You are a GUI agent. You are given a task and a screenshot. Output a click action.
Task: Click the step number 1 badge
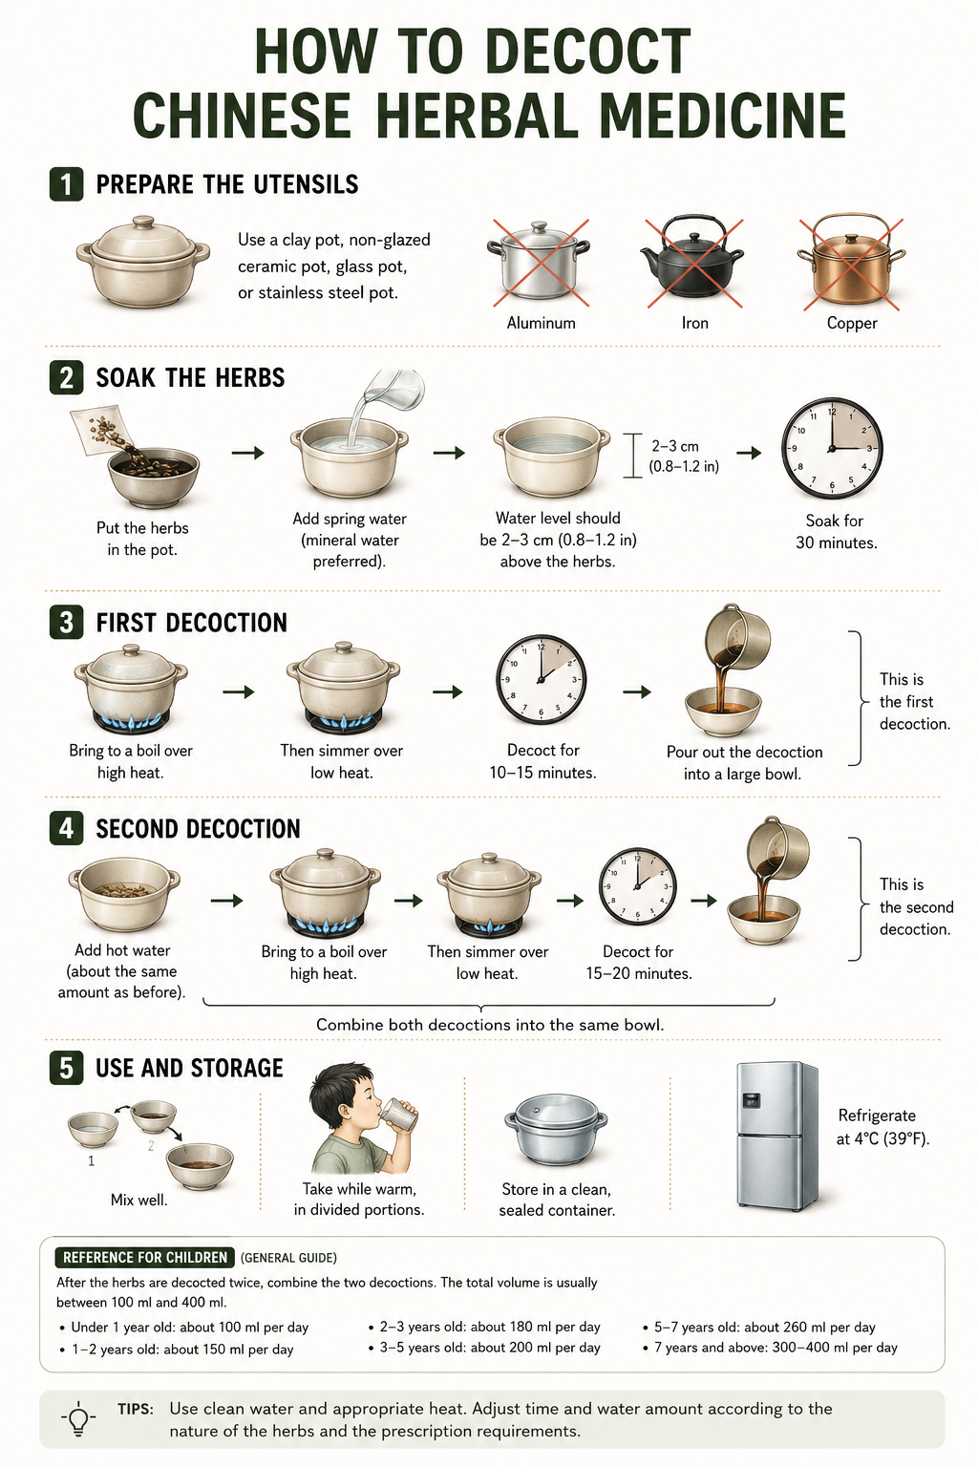click(66, 184)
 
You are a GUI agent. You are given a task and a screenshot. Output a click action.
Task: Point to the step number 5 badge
click(66, 1068)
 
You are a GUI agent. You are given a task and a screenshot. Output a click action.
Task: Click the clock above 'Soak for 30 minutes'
click(832, 448)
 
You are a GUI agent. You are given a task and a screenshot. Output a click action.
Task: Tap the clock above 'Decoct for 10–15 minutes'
click(541, 679)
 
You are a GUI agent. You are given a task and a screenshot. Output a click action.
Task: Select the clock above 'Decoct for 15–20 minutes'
click(637, 886)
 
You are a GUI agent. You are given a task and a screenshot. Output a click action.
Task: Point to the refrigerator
click(776, 1135)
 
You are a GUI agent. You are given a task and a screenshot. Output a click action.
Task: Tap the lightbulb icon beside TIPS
click(78, 1418)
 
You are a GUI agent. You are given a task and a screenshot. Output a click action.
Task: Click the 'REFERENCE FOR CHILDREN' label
click(145, 1258)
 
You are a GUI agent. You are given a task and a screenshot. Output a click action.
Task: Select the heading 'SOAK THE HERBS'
click(191, 378)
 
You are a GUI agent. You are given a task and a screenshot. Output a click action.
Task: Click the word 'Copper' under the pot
click(852, 323)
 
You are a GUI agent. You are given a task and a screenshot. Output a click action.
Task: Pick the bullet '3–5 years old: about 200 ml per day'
click(485, 1348)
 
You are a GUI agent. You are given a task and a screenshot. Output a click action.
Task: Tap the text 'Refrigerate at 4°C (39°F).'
click(882, 1127)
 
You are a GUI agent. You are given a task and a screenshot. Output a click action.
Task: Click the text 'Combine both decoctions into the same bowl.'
click(490, 1025)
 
